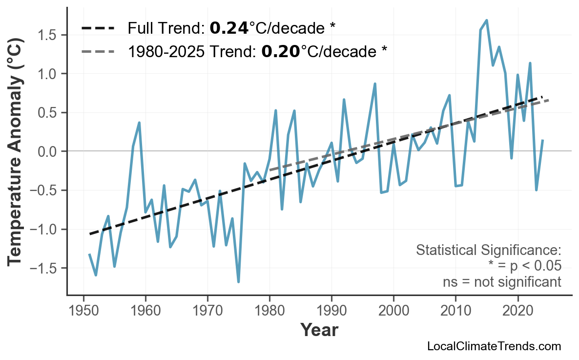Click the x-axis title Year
click(x=319, y=330)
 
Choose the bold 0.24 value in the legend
click(x=228, y=28)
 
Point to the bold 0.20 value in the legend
click(x=280, y=51)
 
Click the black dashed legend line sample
click(x=98, y=28)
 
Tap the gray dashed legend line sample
click(x=98, y=51)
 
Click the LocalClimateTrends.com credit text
click(x=494, y=346)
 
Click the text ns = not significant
click(x=502, y=282)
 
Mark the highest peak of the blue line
click(x=487, y=20)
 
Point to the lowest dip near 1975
click(x=238, y=282)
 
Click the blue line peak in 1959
click(x=139, y=123)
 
